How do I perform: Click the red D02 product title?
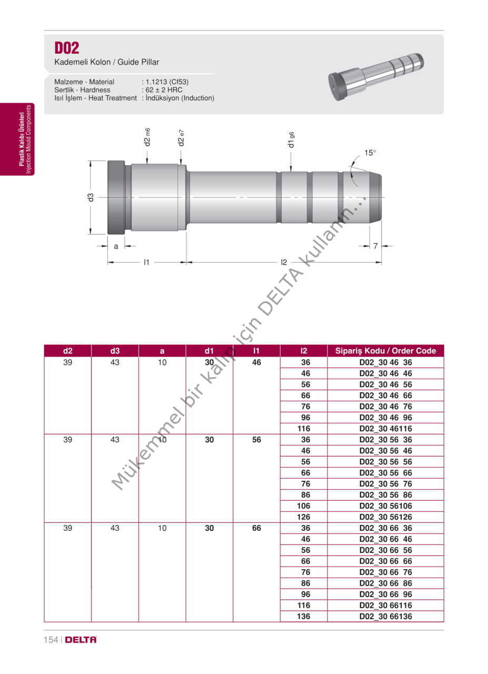click(x=67, y=48)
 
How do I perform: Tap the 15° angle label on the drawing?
click(x=370, y=153)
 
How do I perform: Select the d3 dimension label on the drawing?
click(x=91, y=197)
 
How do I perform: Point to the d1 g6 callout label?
click(x=291, y=140)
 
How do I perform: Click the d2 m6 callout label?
click(x=147, y=137)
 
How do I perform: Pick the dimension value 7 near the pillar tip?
click(x=375, y=246)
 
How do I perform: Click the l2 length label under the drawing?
click(x=284, y=262)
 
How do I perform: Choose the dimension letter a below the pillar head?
click(x=116, y=246)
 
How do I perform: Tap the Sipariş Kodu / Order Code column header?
click(x=385, y=351)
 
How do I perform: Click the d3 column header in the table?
click(x=115, y=351)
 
